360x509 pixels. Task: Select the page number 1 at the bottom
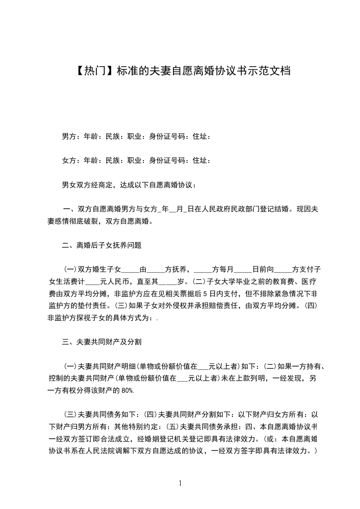click(181, 483)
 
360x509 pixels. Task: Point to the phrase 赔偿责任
click(212, 306)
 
